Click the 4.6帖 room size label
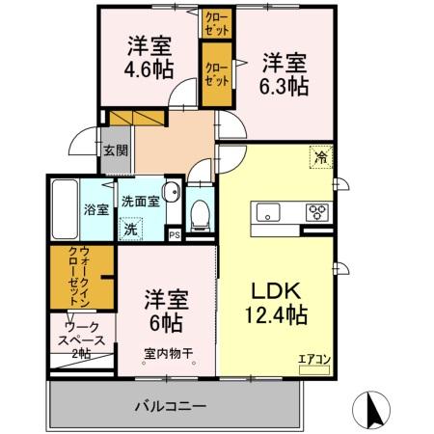point(147,69)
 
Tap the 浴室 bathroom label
point(95,209)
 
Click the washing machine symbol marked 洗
point(129,231)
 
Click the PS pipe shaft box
point(174,233)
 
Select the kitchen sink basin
point(266,212)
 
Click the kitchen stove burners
point(316,212)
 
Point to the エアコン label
point(313,360)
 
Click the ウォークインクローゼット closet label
point(82,277)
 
